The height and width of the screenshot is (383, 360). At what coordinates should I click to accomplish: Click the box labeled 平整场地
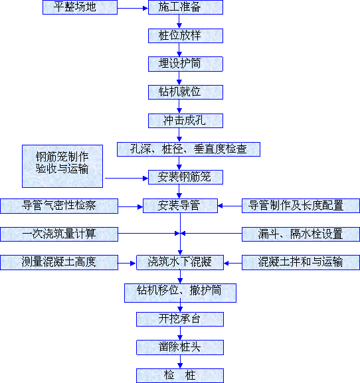80,7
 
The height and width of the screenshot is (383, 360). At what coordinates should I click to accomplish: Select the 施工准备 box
185,7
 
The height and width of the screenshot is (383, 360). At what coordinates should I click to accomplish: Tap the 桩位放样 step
185,36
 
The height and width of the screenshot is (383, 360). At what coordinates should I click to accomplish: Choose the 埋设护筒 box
185,64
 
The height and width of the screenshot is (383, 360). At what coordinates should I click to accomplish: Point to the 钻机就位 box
185,92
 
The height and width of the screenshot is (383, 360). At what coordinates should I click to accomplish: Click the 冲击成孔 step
185,121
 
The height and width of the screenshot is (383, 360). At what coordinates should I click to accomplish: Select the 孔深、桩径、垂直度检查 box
189,149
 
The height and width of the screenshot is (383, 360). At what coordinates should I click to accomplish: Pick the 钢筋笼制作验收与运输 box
62,167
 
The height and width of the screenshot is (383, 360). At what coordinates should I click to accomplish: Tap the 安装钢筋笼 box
185,177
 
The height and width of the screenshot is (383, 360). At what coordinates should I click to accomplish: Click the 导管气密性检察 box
59,206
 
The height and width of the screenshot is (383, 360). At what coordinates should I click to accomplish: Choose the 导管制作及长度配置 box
301,206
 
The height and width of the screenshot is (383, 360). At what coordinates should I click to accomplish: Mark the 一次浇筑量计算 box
59,234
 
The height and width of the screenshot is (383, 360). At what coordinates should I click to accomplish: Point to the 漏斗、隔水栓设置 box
301,234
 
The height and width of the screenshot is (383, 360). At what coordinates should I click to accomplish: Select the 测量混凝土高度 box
59,263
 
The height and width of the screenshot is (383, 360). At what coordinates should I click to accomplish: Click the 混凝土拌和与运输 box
301,263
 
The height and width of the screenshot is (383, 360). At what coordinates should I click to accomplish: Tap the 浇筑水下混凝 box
180,263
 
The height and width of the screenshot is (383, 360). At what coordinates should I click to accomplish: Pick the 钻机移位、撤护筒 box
180,293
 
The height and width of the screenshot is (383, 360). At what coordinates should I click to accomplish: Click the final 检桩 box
180,376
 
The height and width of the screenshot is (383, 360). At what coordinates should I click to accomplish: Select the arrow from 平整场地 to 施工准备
133,9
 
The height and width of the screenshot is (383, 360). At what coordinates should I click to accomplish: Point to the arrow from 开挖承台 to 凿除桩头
181,333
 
